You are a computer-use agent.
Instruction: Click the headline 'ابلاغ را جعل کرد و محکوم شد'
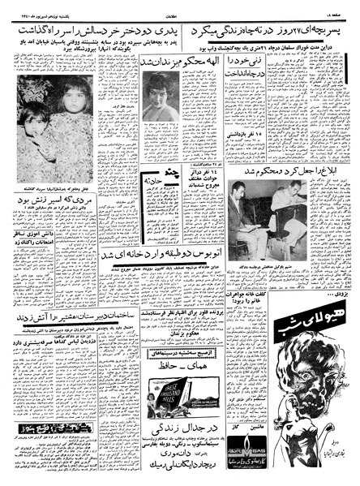pyautogui.click(x=276, y=173)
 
